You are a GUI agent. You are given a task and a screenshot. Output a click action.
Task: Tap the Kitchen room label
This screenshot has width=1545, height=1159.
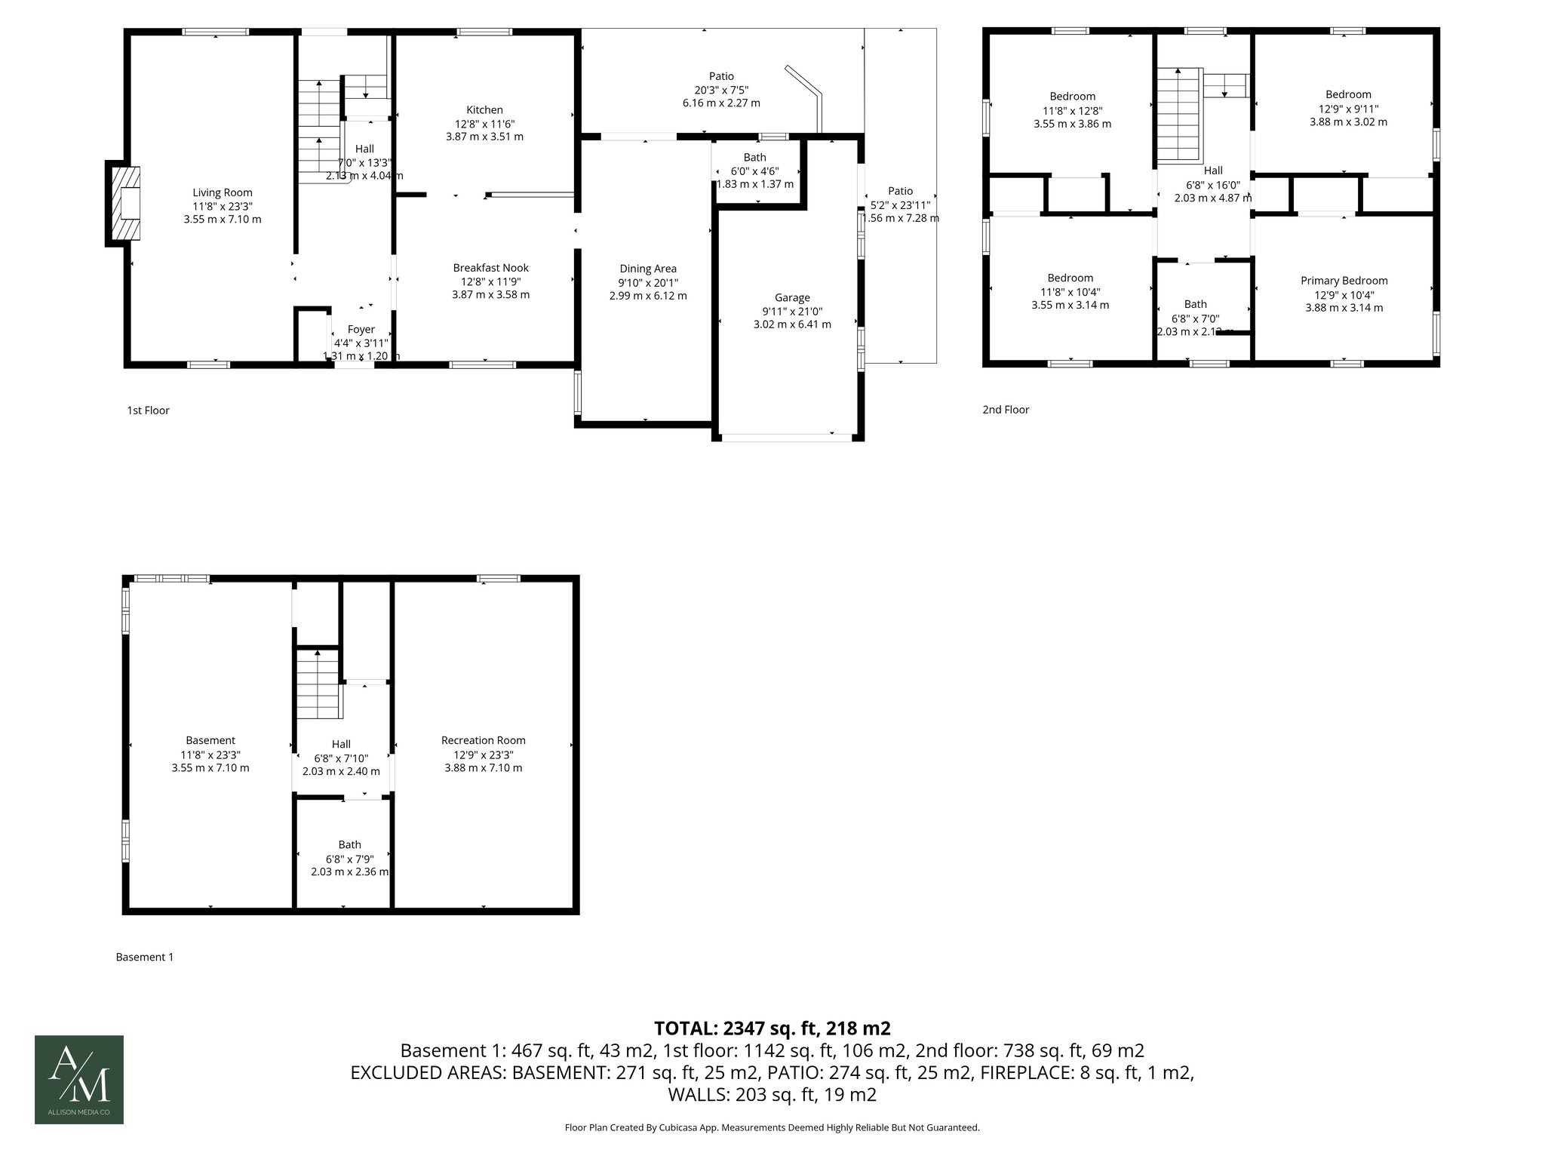click(x=484, y=110)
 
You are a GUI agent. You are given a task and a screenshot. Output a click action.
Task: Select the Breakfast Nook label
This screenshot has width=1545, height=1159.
click(x=490, y=268)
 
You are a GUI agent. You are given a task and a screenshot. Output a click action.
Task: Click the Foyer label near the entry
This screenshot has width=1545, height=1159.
click(x=361, y=330)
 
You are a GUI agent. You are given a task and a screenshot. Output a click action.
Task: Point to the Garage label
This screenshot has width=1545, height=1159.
click(x=792, y=298)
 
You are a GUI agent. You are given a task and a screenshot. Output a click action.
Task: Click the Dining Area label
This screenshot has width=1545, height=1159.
click(x=648, y=269)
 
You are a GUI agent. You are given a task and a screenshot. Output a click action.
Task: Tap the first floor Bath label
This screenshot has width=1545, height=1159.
click(x=754, y=158)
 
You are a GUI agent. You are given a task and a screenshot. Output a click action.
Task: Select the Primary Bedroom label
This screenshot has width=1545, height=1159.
click(x=1344, y=281)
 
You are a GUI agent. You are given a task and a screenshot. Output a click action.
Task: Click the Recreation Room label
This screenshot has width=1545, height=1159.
click(x=483, y=740)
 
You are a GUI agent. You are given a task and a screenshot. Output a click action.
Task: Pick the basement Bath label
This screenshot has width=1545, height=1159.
click(x=349, y=845)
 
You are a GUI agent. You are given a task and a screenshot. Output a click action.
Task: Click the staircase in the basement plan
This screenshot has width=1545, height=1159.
click(x=318, y=685)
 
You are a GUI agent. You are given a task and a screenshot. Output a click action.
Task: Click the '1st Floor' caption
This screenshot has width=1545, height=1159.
click(x=148, y=410)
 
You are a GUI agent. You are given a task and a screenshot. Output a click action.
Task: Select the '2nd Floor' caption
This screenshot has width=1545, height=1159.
click(x=1006, y=410)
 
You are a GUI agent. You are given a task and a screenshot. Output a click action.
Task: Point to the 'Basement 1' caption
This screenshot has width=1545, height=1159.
click(x=144, y=957)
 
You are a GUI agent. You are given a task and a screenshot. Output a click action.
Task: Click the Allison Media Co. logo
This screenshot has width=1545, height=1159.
click(x=79, y=1079)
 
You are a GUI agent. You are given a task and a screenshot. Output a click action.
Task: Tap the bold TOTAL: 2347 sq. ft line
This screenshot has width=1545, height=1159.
click(x=772, y=1028)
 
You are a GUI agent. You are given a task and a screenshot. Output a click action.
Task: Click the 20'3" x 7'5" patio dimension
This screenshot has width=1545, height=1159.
click(x=721, y=90)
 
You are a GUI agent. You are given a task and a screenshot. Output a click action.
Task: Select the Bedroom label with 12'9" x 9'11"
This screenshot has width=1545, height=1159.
click(x=1348, y=94)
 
